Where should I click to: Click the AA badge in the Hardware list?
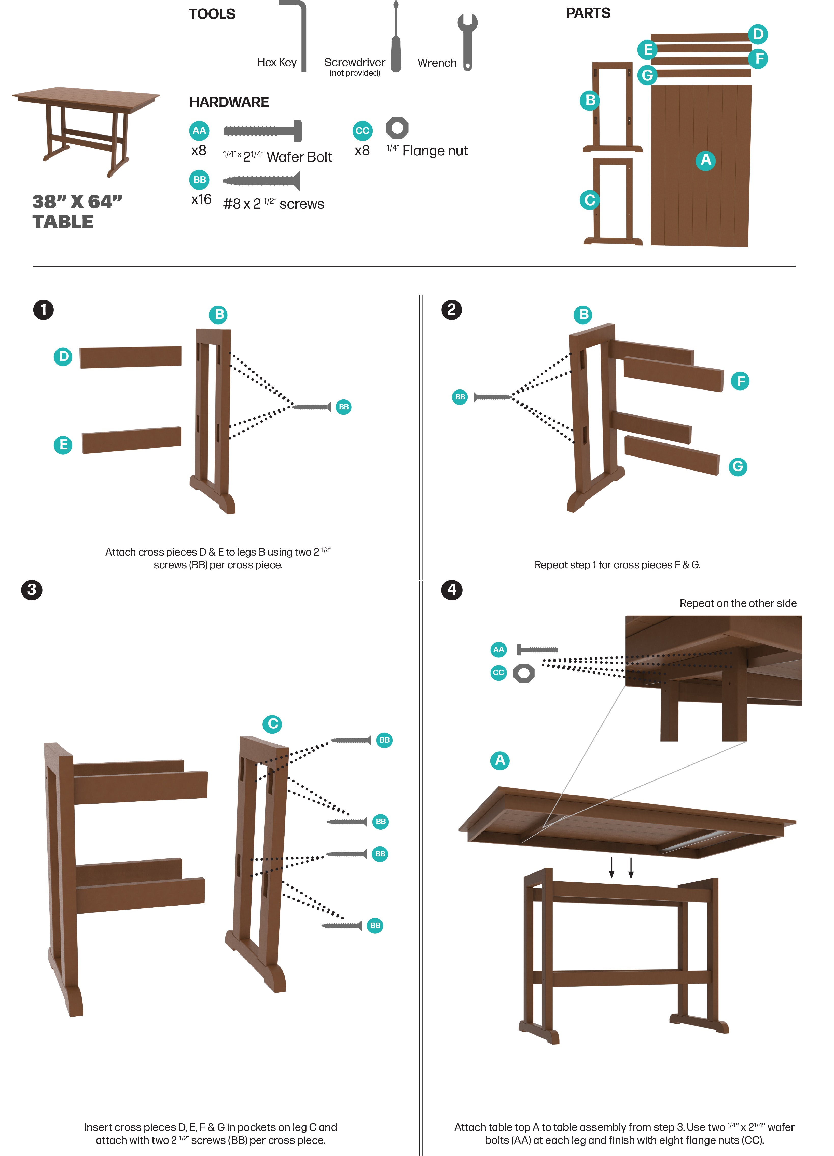199,130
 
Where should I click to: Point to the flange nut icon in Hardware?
397,128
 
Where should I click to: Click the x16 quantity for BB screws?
201,199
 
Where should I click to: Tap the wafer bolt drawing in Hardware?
262,131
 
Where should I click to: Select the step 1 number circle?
43,310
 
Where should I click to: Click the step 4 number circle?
451,590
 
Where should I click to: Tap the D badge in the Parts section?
758,34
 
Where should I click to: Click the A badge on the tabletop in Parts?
706,160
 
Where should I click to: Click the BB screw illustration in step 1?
312,407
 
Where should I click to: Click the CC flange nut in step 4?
524,673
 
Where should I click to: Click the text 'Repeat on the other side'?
738,603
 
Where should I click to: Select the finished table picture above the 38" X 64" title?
86,130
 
